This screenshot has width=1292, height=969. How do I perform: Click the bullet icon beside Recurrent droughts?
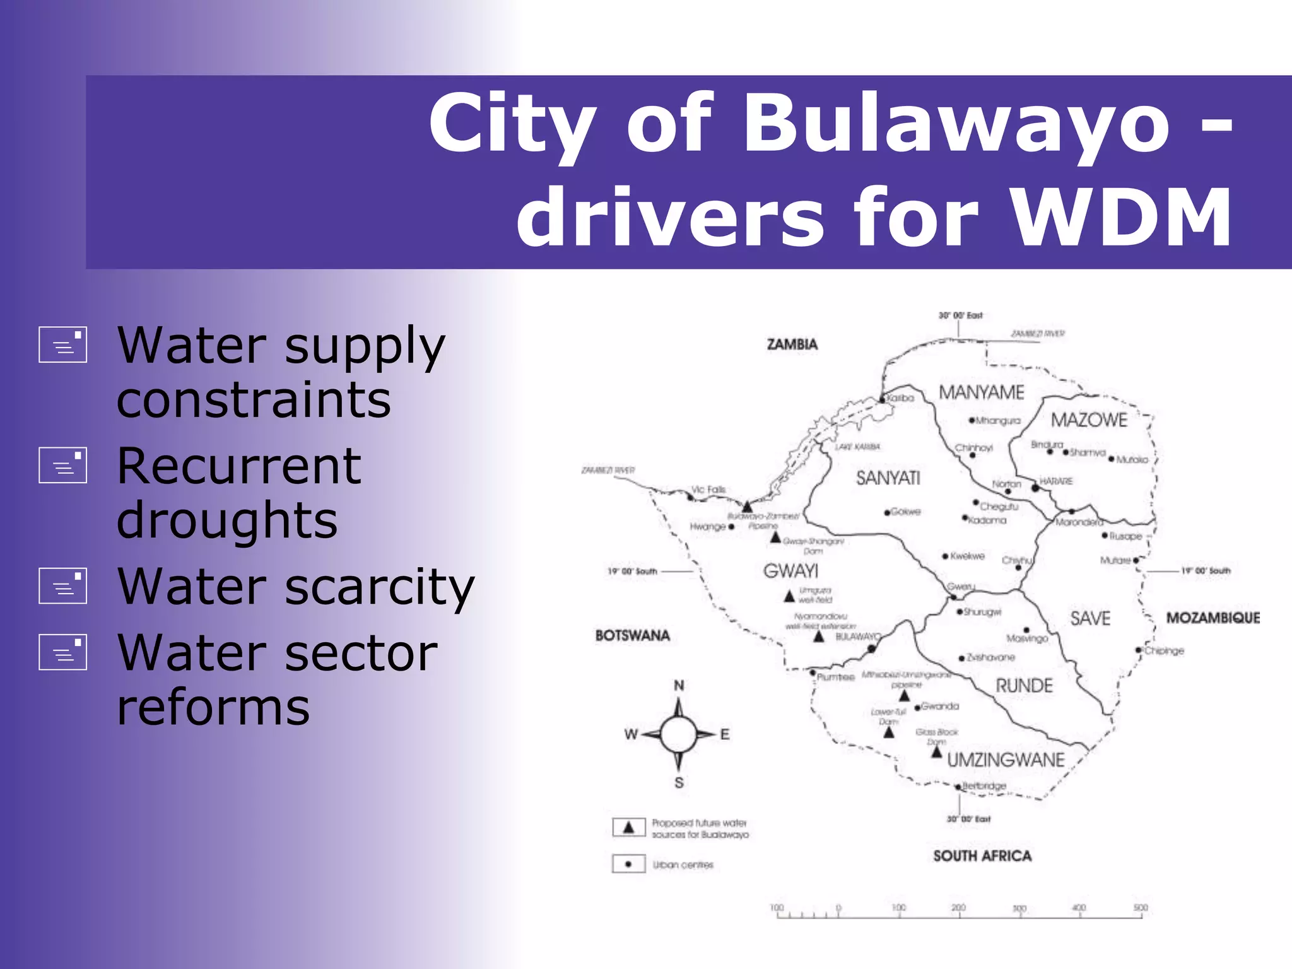coord(62,465)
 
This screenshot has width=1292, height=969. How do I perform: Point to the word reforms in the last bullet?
coord(213,707)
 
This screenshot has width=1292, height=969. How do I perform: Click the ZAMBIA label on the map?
coord(792,344)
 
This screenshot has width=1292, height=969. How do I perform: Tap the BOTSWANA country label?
coord(632,635)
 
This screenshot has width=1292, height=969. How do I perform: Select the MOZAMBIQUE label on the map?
coord(1213,618)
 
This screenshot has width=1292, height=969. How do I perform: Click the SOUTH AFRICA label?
coord(982,855)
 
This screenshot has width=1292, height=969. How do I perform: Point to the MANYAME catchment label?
coord(981,392)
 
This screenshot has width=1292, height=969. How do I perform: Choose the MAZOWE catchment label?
coord(1089,420)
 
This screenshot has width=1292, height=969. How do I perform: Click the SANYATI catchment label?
coord(888,478)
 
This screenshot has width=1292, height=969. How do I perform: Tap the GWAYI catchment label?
coord(790,571)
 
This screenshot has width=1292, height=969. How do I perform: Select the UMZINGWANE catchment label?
coord(1006,760)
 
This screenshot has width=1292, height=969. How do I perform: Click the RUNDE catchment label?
coord(1024,686)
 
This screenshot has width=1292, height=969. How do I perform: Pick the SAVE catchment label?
coord(1090,618)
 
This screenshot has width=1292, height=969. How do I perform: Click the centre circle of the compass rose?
coord(678,734)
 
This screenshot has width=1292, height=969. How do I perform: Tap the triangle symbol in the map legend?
coord(628,827)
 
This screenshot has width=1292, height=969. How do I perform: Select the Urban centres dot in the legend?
coord(628,864)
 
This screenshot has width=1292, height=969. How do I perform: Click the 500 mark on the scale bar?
coord(1141,908)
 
